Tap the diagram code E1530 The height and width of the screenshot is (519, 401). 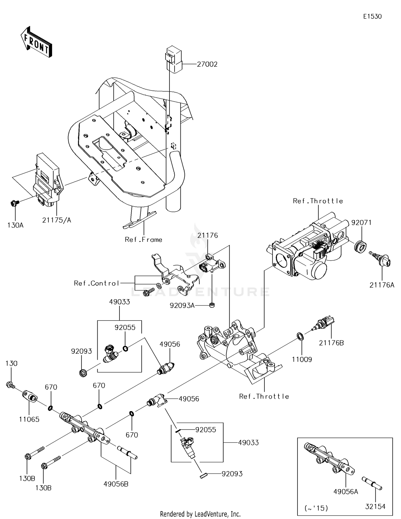point(372,17)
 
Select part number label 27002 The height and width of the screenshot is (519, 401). point(207,64)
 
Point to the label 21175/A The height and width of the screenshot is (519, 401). point(57,220)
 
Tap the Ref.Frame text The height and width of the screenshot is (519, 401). point(144,239)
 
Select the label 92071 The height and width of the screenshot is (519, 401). point(361,223)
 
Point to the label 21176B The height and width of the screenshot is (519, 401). point(331,343)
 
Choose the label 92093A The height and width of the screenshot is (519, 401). point(182,305)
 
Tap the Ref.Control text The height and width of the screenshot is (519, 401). point(97,283)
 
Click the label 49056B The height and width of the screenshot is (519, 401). point(116,484)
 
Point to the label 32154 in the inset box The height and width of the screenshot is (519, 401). point(375,506)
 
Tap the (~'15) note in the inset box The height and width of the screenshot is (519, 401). point(316,508)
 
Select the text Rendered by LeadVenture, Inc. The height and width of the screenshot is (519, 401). point(200,514)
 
